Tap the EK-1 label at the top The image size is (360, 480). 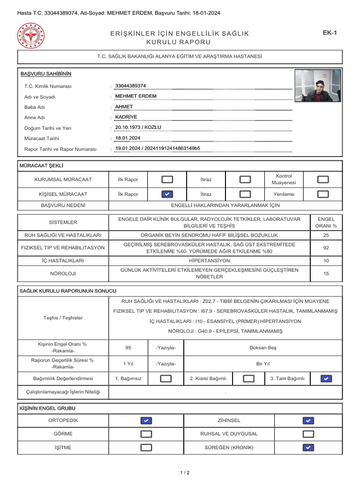point(330,33)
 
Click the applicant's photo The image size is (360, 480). point(321,86)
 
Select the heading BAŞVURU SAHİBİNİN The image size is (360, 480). point(46,74)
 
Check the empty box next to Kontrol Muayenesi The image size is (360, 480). point(323,180)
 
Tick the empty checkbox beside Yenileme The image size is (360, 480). point(323,194)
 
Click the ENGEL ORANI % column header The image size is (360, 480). point(326,222)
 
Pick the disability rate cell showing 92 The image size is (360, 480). point(326,248)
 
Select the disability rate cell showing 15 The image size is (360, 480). point(326,273)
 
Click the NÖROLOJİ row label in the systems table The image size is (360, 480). point(63,273)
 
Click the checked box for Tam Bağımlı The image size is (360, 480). point(327,379)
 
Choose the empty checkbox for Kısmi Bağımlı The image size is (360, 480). point(249,379)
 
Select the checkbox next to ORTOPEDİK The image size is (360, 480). point(146,420)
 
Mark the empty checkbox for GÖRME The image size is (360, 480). point(146,434)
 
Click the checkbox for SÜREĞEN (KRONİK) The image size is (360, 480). point(308,448)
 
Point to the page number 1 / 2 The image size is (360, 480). point(185,472)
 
